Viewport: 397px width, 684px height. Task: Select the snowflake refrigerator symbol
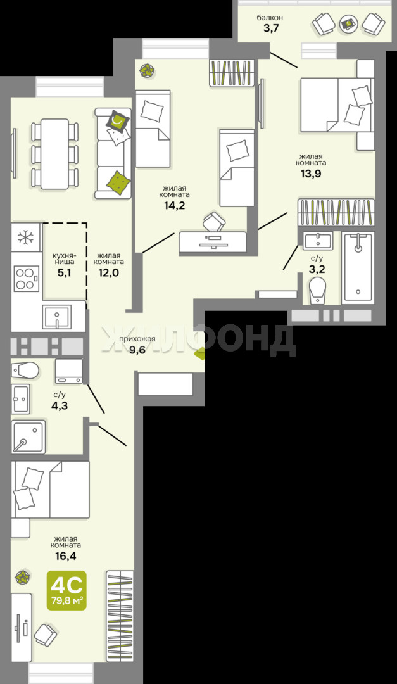[26, 237]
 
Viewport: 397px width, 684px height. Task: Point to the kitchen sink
[57, 316]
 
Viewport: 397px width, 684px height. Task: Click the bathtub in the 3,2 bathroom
[358, 267]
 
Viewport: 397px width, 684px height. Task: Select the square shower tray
[28, 436]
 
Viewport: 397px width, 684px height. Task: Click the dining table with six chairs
[54, 153]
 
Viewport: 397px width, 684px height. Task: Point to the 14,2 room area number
[175, 205]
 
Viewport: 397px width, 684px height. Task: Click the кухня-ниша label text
[63, 258]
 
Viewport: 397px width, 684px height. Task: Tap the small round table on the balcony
[349, 23]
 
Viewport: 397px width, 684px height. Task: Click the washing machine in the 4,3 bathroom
[69, 370]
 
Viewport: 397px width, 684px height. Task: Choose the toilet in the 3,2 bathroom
[317, 289]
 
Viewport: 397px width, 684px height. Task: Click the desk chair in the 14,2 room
[214, 222]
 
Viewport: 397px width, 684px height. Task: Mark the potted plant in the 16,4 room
[22, 577]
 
